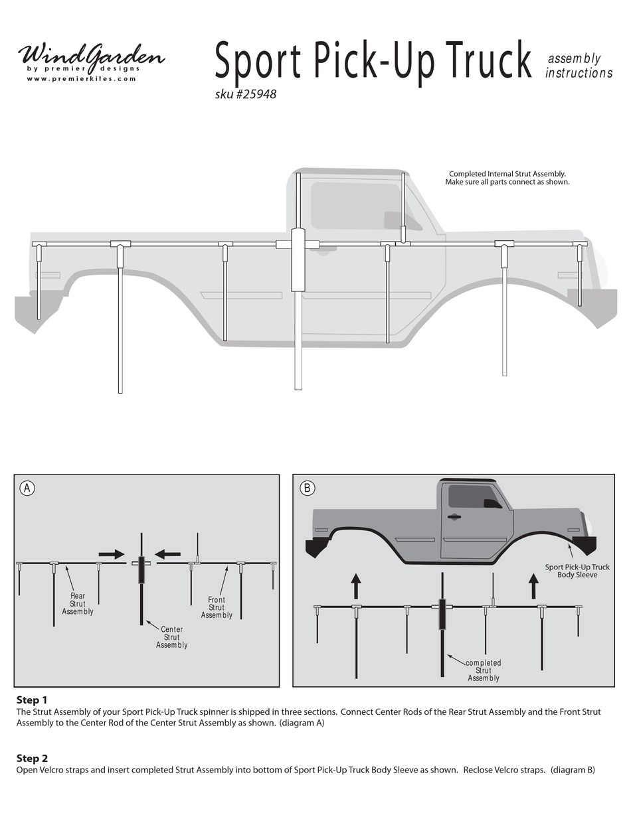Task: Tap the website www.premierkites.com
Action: [81, 78]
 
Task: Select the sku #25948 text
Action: [245, 94]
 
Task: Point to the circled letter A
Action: [27, 488]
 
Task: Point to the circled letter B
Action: [306, 488]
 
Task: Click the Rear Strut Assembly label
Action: [78, 603]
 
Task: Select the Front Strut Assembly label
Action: [217, 607]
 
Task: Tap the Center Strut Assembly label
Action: [171, 637]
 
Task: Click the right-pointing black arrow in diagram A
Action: [111, 554]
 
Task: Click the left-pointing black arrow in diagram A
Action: [167, 554]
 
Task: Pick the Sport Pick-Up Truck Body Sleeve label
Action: [577, 571]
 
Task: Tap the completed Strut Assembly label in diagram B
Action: [483, 670]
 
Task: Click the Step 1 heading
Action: [32, 700]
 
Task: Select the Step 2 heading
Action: [32, 758]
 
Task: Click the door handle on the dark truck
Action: [454, 516]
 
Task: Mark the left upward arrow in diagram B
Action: [356, 586]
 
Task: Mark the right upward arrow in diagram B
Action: [533, 586]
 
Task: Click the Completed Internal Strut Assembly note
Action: [507, 178]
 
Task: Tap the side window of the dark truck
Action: [473, 496]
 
